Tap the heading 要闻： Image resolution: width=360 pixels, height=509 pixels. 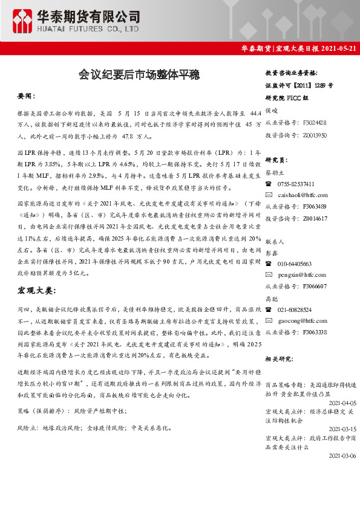27,96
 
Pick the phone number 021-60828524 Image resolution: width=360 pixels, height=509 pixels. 296,309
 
